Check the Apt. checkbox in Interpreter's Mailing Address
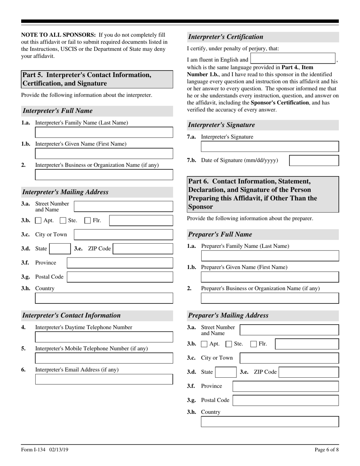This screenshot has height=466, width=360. pyautogui.click(x=38, y=220)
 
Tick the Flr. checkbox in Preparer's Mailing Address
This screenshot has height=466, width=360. pyautogui.click(x=254, y=344)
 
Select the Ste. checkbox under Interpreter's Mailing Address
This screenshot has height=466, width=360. pyautogui.click(x=63, y=220)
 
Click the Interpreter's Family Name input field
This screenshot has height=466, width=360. pyautogui.click(x=104, y=132)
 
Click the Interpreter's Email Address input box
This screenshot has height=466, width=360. pyautogui.click(x=104, y=379)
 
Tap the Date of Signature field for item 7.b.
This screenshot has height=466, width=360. pyautogui.click(x=314, y=160)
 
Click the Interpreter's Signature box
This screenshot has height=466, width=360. pyautogui.click(x=270, y=147)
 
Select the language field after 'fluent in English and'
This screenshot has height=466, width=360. pyautogui.click(x=293, y=59)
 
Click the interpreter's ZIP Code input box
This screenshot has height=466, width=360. pyautogui.click(x=143, y=249)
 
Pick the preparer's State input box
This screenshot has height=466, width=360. pyautogui.click(x=226, y=372)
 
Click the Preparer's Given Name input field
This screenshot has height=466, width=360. pyautogui.click(x=270, y=277)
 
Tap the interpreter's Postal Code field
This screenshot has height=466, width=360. pyautogui.click(x=120, y=277)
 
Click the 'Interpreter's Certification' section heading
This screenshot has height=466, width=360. pyautogui.click(x=225, y=37)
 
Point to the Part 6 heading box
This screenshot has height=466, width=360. pyautogui.click(x=263, y=194)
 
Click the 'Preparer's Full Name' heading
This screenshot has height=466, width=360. pyautogui.click(x=220, y=234)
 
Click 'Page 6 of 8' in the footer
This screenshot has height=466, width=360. pyautogui.click(x=327, y=450)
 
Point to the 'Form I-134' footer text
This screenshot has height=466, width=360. pyautogui.click(x=33, y=450)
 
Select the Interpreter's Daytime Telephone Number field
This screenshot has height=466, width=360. pyautogui.click(x=104, y=337)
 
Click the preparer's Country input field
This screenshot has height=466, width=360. pyautogui.click(x=270, y=422)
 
